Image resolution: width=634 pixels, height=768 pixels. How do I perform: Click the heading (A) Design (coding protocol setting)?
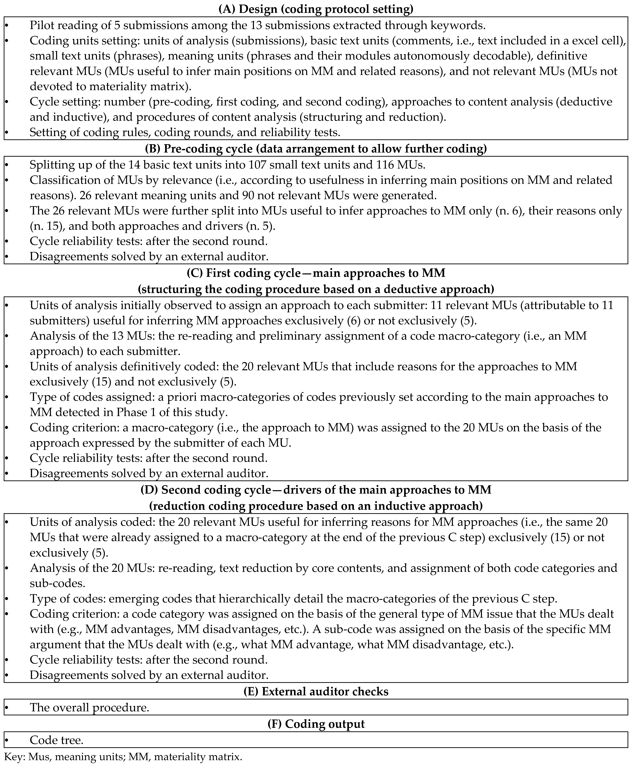pos(316,9)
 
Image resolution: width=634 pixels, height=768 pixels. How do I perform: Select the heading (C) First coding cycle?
pos(316,273)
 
